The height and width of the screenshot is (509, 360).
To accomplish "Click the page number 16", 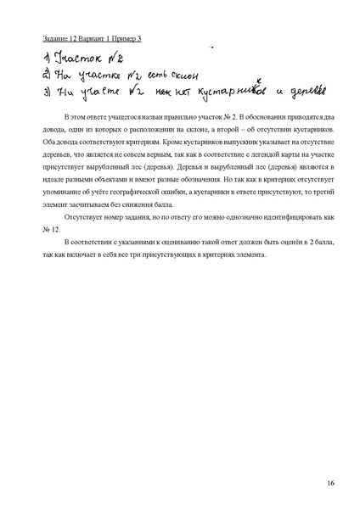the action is coord(329,484).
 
